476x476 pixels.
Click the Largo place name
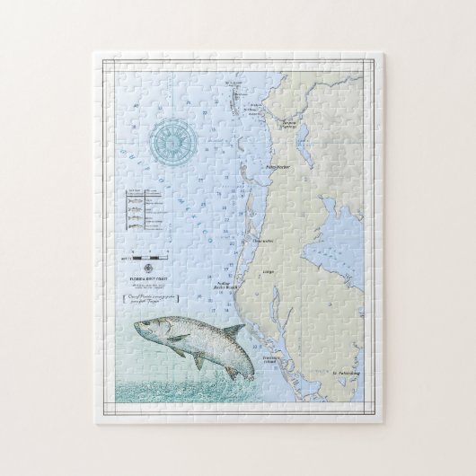click(268, 269)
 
